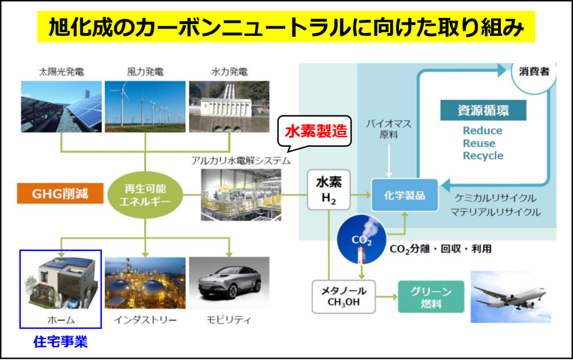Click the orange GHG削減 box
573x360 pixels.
coord(60,193)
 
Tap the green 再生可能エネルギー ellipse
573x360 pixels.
coord(145,195)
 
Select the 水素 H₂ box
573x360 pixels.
coord(329,190)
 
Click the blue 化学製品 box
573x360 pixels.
coord(405,195)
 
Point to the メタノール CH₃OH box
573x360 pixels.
coord(344,296)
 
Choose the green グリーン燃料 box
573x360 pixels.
coord(431,297)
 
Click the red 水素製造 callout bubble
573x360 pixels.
coord(314,132)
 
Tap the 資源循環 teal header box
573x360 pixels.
coord(483,110)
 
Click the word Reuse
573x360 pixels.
coord(479,143)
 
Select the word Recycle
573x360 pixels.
coord(483,156)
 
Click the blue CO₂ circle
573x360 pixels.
coord(361,240)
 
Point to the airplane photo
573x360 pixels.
coord(511,297)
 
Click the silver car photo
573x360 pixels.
coord(229,283)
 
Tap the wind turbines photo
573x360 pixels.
coord(145,106)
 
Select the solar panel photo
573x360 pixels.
coord(62,106)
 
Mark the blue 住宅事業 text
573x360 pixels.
coord(60,342)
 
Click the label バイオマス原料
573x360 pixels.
coord(389,129)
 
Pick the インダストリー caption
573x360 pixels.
coord(145,320)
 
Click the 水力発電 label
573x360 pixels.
coord(229,72)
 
